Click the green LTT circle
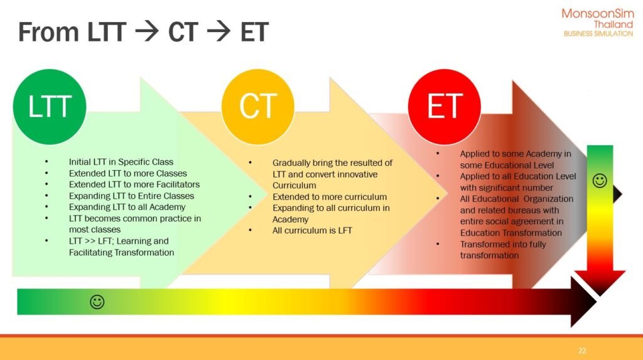pos(50,107)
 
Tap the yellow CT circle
pos(258,107)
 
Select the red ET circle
pos(445,107)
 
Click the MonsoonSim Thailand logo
pos(598,23)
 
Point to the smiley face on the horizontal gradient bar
pos(97,302)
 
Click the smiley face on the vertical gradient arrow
pos(600,180)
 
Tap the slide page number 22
pos(582,351)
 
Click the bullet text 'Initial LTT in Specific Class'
pos(121,161)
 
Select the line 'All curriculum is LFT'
pos(312,231)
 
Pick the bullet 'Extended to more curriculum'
pos(330,197)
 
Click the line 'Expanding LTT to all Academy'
pos(127,207)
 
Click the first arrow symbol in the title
pos(147,32)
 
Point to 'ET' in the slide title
pos(254,33)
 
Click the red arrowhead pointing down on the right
pos(600,283)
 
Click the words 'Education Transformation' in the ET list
pos(511,232)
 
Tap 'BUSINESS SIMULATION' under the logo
pos(598,34)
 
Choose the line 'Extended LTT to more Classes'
pos(128,173)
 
